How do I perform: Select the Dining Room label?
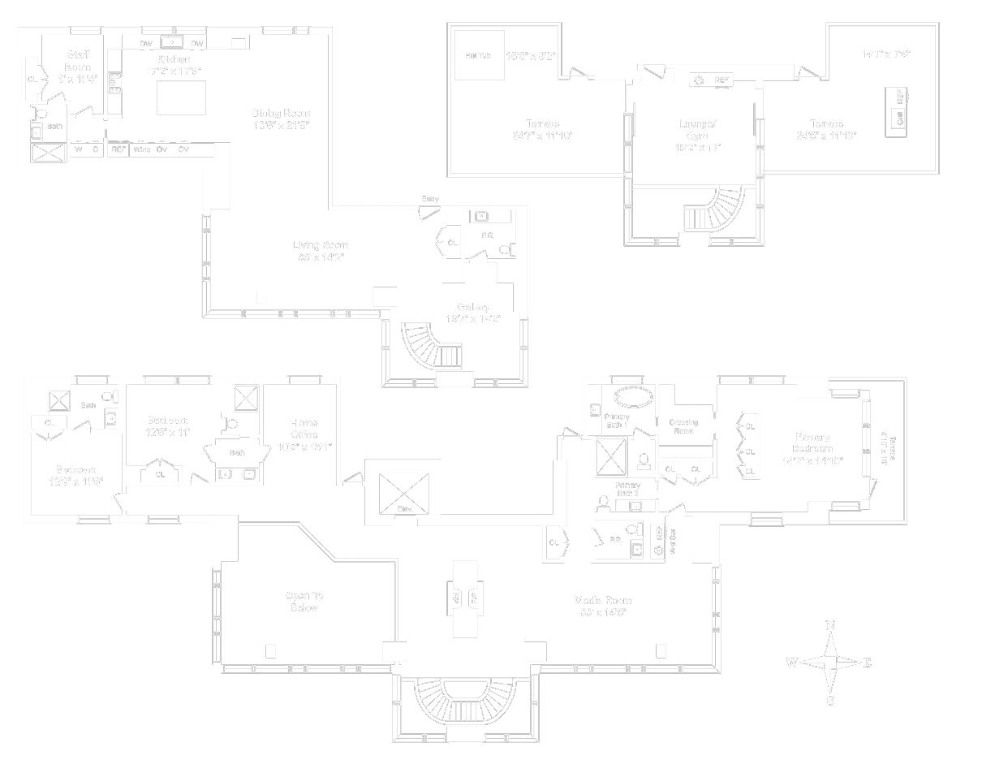click(281, 113)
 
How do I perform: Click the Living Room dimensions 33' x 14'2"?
click(321, 258)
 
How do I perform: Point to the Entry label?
click(430, 199)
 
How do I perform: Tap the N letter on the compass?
click(829, 625)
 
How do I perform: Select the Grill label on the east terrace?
click(899, 118)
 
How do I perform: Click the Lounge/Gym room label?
click(698, 130)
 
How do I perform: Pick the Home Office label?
click(304, 429)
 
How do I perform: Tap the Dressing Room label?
click(683, 426)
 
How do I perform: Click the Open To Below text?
click(304, 602)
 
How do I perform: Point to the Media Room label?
click(603, 601)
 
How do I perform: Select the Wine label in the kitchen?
click(142, 149)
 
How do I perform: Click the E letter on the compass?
click(867, 663)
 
